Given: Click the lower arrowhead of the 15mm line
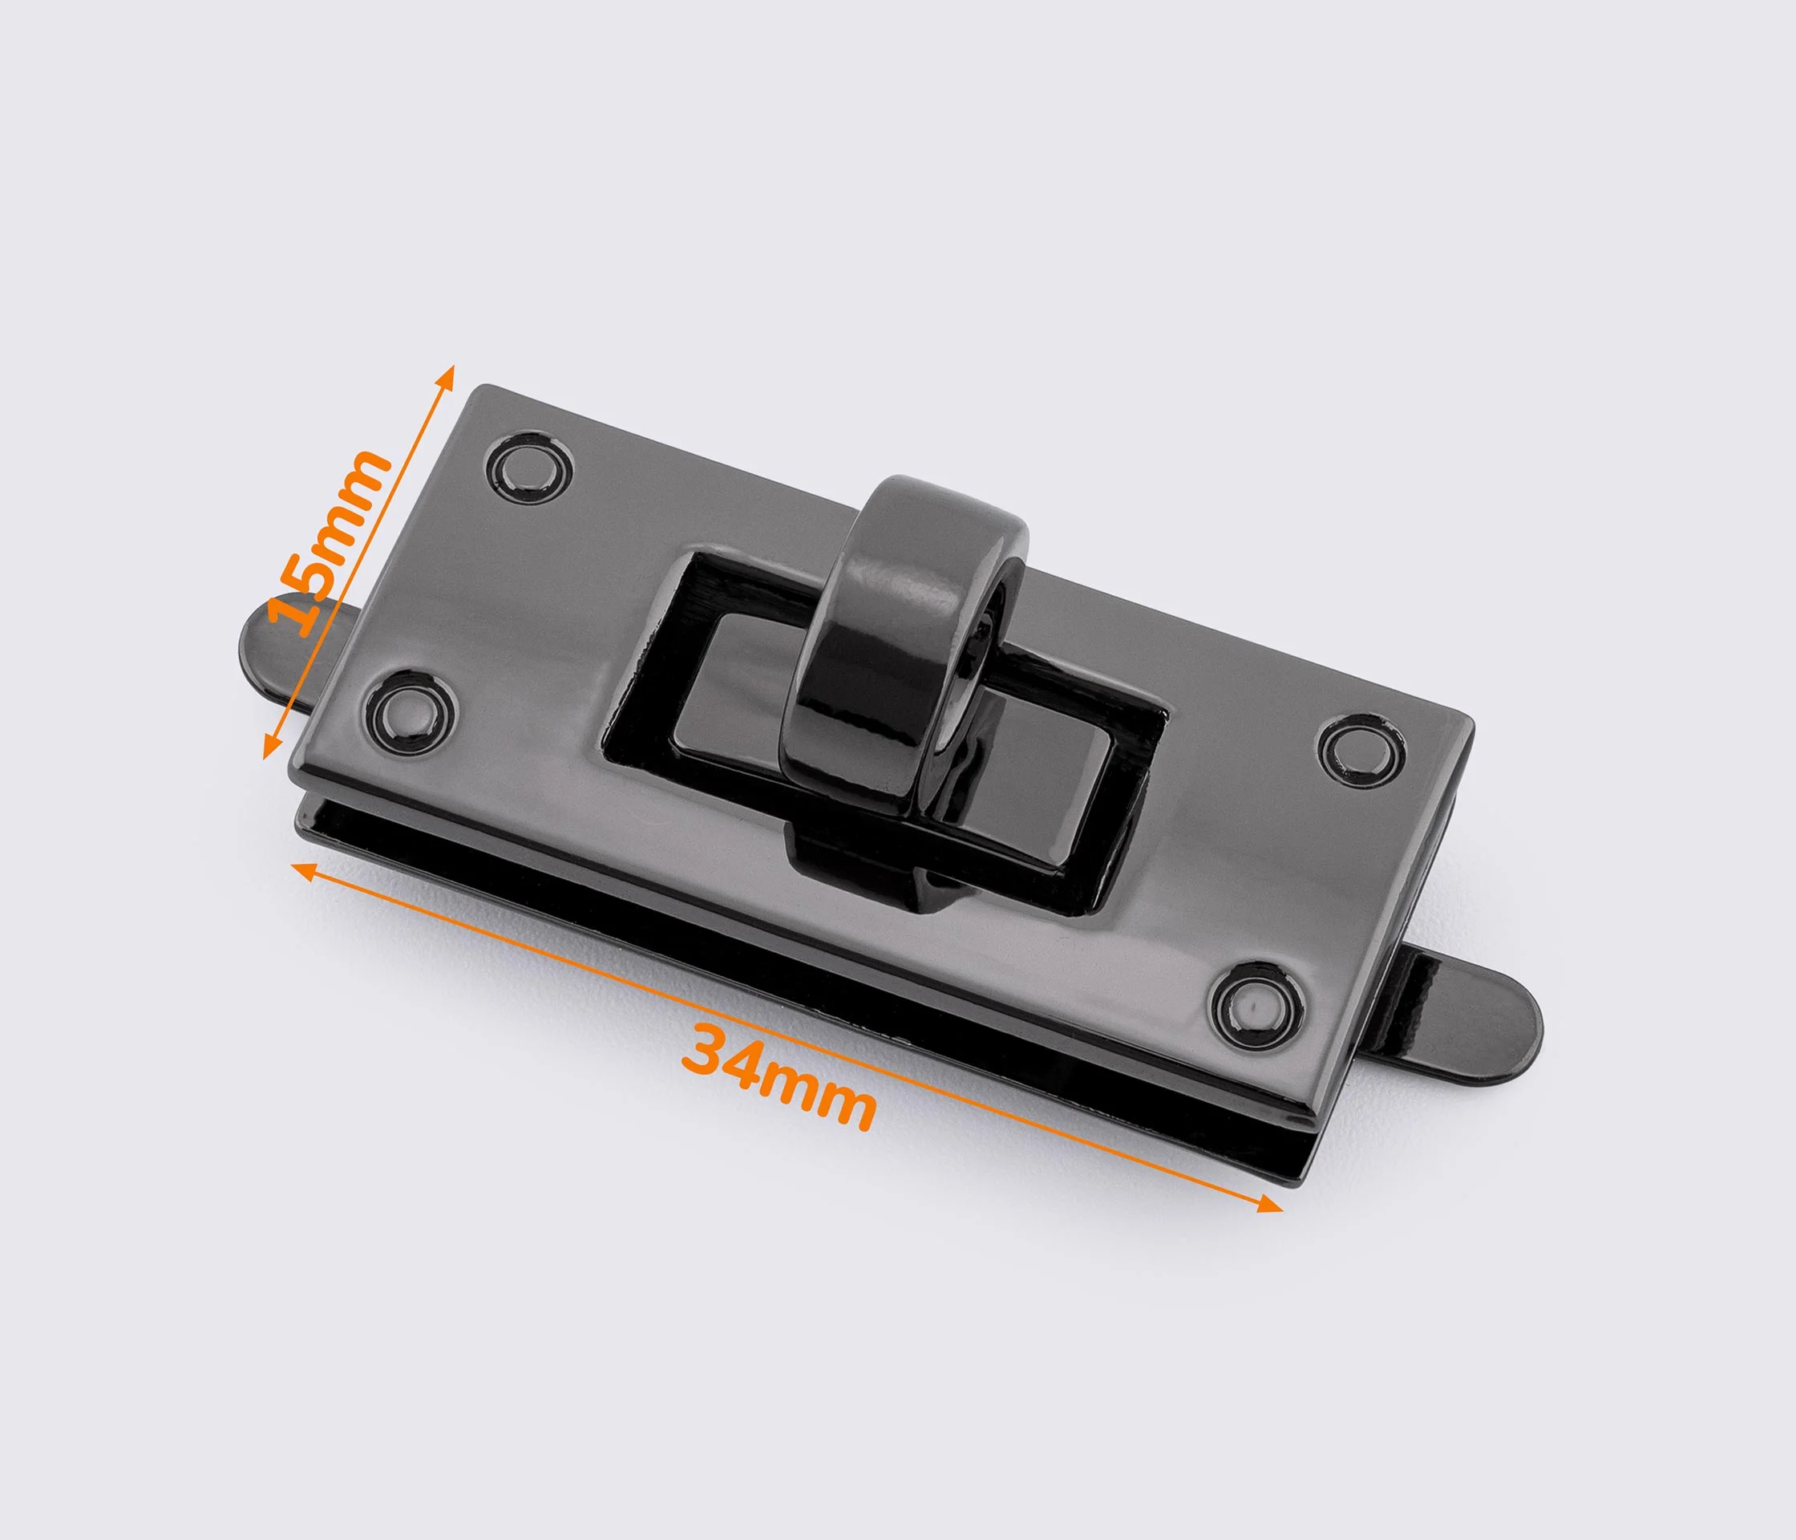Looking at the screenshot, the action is click(270, 747).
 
